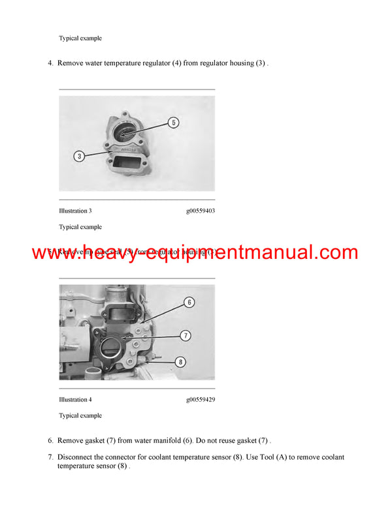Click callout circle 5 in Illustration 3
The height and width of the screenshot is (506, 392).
173,123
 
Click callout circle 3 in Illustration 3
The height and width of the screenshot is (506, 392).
79,156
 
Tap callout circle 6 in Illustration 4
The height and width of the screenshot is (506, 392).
188,302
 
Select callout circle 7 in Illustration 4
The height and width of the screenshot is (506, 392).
185,335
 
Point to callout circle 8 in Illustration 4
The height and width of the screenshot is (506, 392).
181,361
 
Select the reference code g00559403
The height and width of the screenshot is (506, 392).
200,211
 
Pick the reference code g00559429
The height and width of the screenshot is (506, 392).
200,400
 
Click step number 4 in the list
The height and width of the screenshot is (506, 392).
50,63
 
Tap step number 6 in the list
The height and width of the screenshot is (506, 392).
50,440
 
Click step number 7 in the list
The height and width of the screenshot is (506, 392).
50,457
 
